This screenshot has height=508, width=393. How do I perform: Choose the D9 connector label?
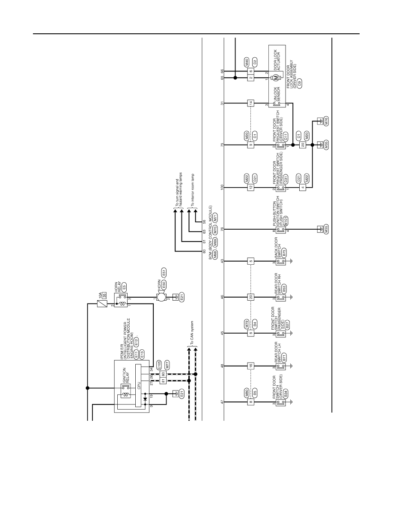(x=299, y=82)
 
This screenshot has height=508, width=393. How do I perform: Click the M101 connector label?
(x=286, y=221)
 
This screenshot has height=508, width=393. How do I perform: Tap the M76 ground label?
(x=326, y=121)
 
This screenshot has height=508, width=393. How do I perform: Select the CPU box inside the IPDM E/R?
(x=138, y=386)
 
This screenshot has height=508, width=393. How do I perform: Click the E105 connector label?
(x=159, y=365)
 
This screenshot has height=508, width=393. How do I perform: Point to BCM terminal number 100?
(x=222, y=187)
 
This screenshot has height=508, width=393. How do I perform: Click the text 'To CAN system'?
(x=192, y=332)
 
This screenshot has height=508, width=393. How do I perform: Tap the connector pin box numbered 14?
(x=250, y=103)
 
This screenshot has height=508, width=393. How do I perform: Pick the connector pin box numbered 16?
(x=250, y=366)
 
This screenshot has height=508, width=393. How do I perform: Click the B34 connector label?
(x=286, y=394)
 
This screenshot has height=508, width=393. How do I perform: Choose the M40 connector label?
(x=247, y=61)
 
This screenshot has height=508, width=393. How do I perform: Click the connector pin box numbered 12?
(x=250, y=187)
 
